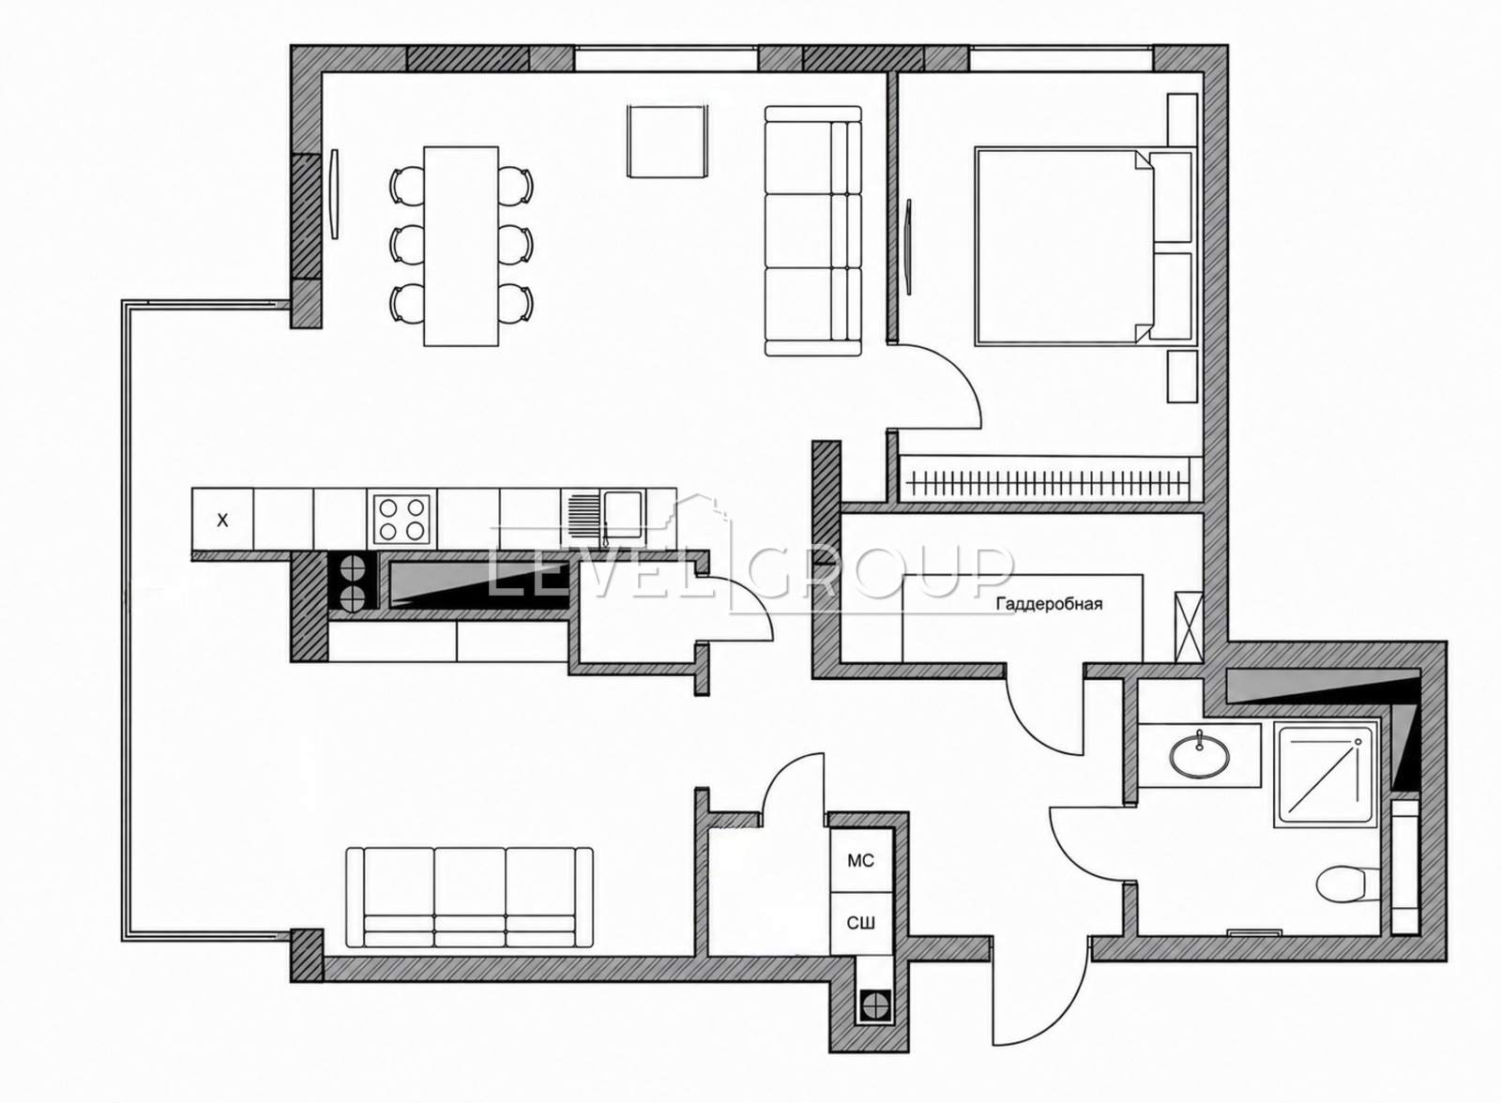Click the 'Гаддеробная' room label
tap(1050, 604)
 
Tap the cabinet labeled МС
tap(861, 860)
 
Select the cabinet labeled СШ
tap(861, 924)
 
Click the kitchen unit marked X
tap(222, 519)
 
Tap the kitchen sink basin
tap(623, 515)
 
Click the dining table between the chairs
tap(461, 246)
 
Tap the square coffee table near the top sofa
tap(667, 141)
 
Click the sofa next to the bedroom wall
tap(812, 231)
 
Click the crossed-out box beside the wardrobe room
tap(1190, 627)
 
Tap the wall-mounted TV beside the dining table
tap(335, 193)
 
